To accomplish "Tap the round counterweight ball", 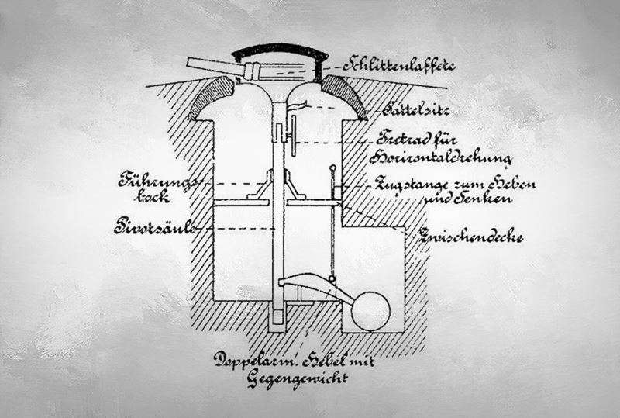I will (x=370, y=309).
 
